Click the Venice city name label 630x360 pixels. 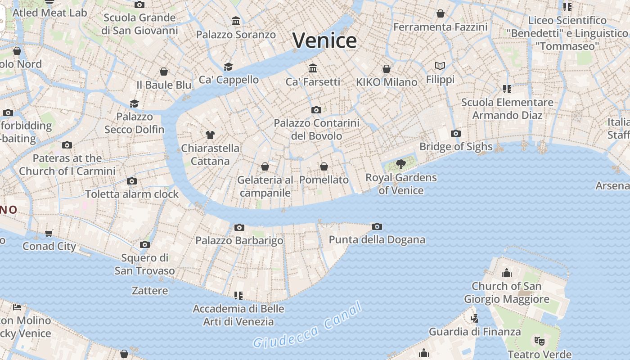point(324,40)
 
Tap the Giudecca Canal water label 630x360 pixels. point(307,326)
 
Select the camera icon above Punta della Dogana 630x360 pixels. point(377,226)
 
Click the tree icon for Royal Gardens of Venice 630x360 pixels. point(400,164)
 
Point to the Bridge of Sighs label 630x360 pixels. point(456,147)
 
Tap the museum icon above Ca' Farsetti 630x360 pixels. point(313,68)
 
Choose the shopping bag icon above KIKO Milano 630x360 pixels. point(387,69)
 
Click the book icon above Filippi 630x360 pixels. point(440,66)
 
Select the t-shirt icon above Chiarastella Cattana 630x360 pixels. point(210,135)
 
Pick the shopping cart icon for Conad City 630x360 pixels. point(49,233)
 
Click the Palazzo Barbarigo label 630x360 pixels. point(239,240)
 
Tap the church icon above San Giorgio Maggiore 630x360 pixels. point(507,273)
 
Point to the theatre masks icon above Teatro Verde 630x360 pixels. point(539,341)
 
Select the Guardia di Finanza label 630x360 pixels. point(475,332)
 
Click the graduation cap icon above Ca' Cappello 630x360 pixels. point(229,67)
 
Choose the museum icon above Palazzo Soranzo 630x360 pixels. point(236,21)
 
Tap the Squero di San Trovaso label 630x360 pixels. point(144,264)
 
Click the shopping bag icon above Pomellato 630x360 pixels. point(324,167)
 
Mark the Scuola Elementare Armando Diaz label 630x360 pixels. point(507,108)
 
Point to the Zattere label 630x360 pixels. point(150,291)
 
